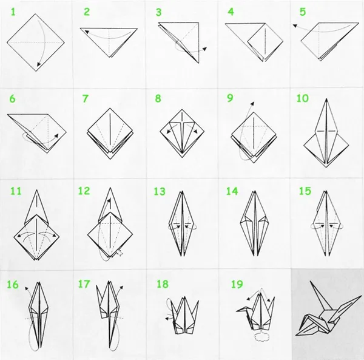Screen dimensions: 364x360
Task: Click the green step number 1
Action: pyautogui.click(x=13, y=12)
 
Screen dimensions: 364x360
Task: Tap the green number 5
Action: pyautogui.click(x=303, y=12)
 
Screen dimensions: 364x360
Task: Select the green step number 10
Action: pyautogui.click(x=303, y=98)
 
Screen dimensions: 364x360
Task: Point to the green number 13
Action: pyautogui.click(x=160, y=192)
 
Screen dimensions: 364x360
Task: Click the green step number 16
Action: pyautogui.click(x=13, y=285)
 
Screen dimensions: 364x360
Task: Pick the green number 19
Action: pyautogui.click(x=237, y=284)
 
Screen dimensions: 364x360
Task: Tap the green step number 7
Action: pyautogui.click(x=86, y=99)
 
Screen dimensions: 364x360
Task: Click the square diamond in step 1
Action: pyautogui.click(x=36, y=42)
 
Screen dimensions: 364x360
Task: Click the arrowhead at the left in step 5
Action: pyautogui.click(x=295, y=25)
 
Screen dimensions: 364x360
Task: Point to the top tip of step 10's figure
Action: pyautogui.click(x=326, y=99)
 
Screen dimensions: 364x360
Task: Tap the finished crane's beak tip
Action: pyautogui.click(x=296, y=335)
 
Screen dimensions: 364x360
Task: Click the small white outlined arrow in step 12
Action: pyautogui.click(x=120, y=253)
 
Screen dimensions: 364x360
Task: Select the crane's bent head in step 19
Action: pyautogui.click(x=243, y=310)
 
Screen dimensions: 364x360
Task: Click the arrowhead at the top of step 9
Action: pyautogui.click(x=252, y=103)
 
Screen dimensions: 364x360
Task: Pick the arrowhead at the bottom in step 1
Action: pyautogui.click(x=39, y=64)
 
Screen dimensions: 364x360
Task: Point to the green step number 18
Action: pyautogui.click(x=163, y=284)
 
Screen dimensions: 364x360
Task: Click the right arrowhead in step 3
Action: pyautogui.click(x=204, y=49)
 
